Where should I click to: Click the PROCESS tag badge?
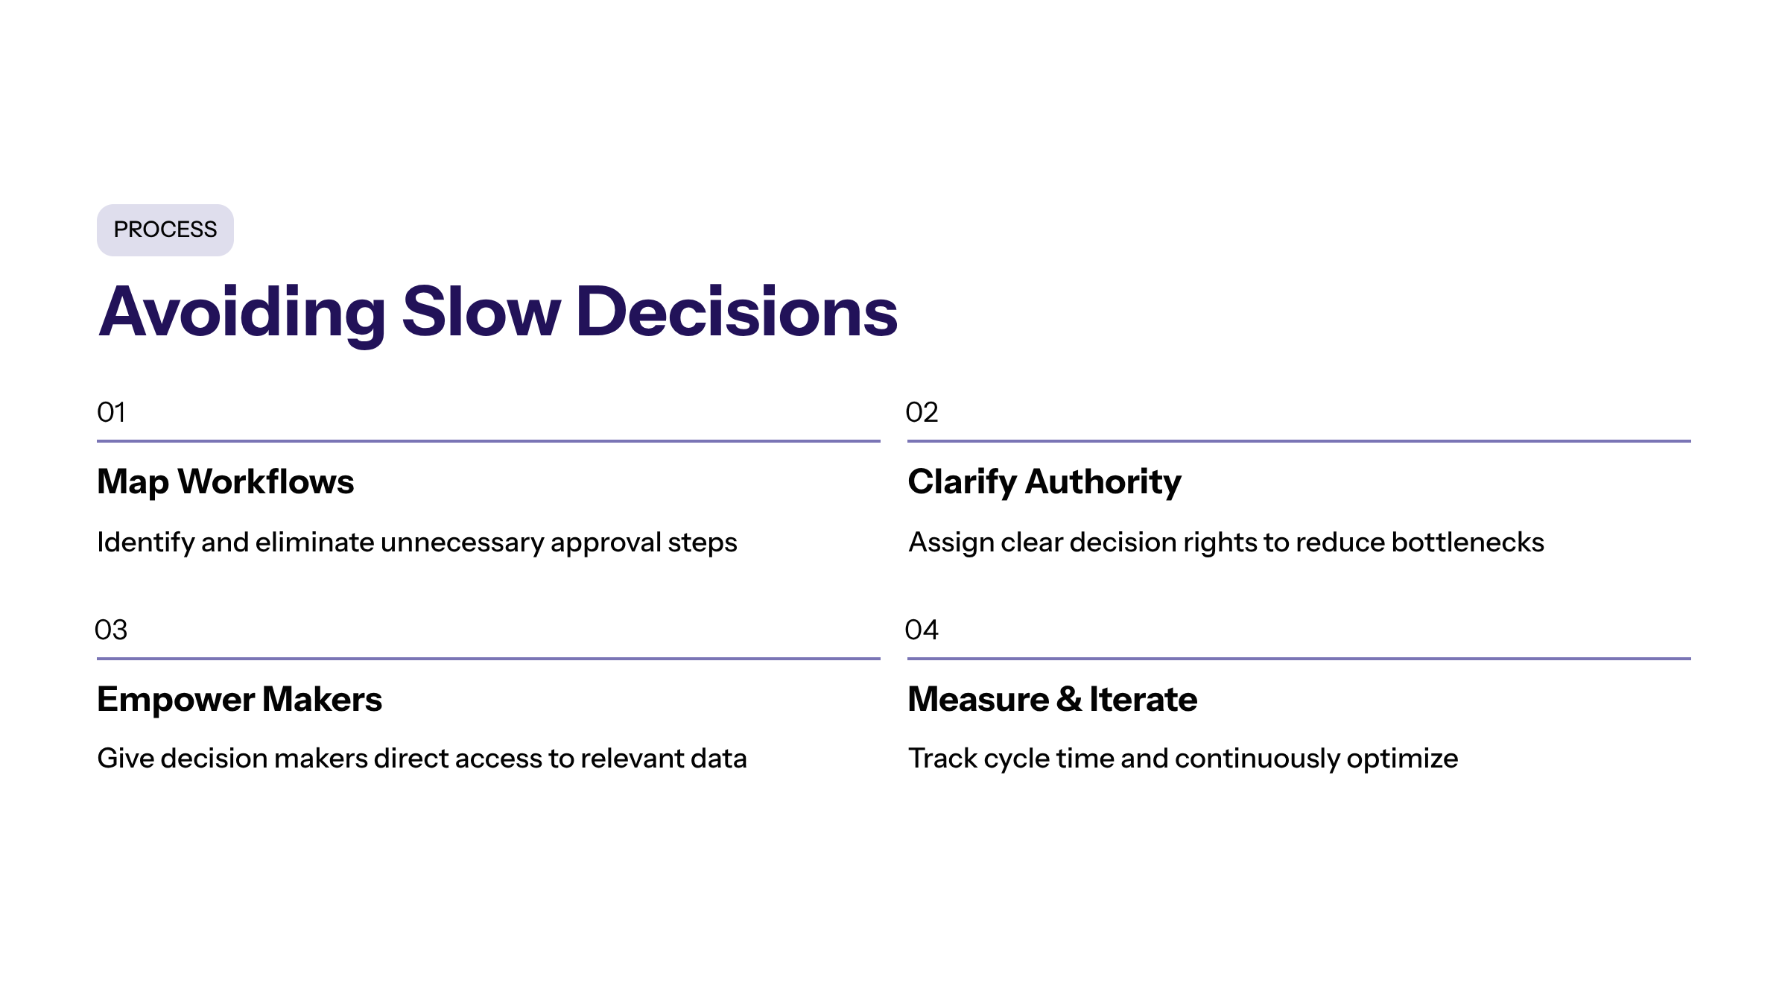point(165,230)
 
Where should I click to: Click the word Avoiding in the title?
point(242,313)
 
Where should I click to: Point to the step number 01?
point(111,412)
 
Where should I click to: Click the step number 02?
point(922,412)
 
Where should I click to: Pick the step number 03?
point(111,630)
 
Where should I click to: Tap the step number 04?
point(922,630)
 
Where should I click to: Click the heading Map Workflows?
point(226,482)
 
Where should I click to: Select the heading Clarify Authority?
point(1044,482)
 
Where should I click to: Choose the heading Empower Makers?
point(239,700)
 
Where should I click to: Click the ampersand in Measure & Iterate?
point(1069,699)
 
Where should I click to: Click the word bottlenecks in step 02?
point(1468,542)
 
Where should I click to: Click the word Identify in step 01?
point(145,542)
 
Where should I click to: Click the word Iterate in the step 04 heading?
point(1144,699)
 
